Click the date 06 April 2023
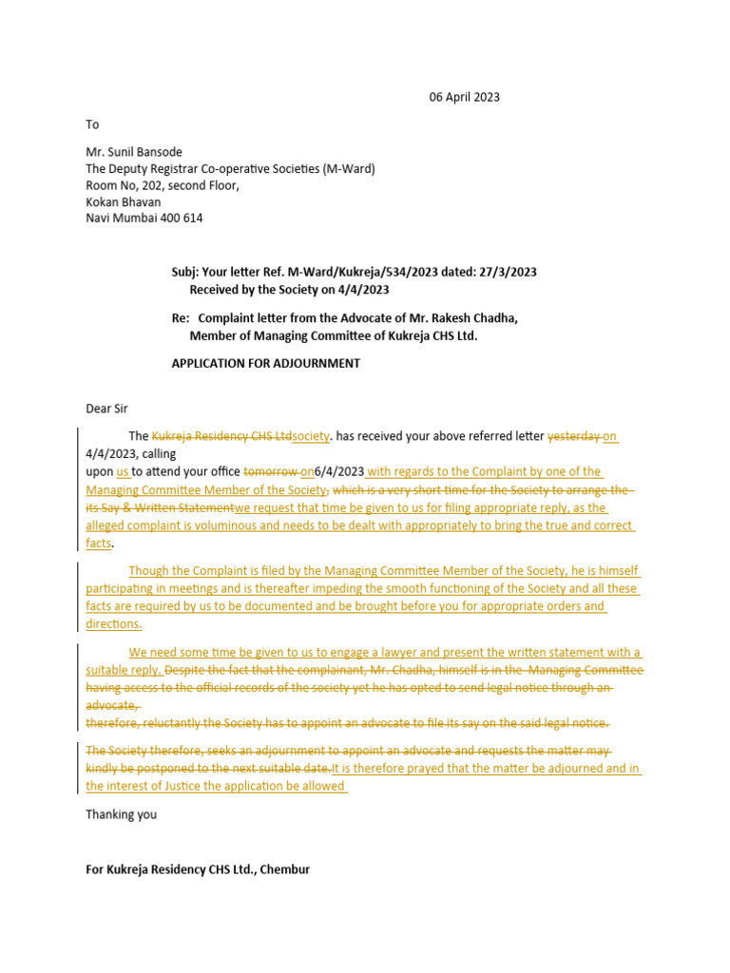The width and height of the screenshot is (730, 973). click(464, 97)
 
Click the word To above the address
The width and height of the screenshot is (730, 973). click(92, 124)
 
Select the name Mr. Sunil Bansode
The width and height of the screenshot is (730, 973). click(134, 152)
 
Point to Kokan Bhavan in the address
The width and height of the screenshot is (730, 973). click(124, 201)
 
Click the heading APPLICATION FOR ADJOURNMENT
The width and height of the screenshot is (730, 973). click(265, 363)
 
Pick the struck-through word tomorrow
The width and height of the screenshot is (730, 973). click(271, 471)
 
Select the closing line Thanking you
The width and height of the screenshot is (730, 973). click(122, 814)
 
